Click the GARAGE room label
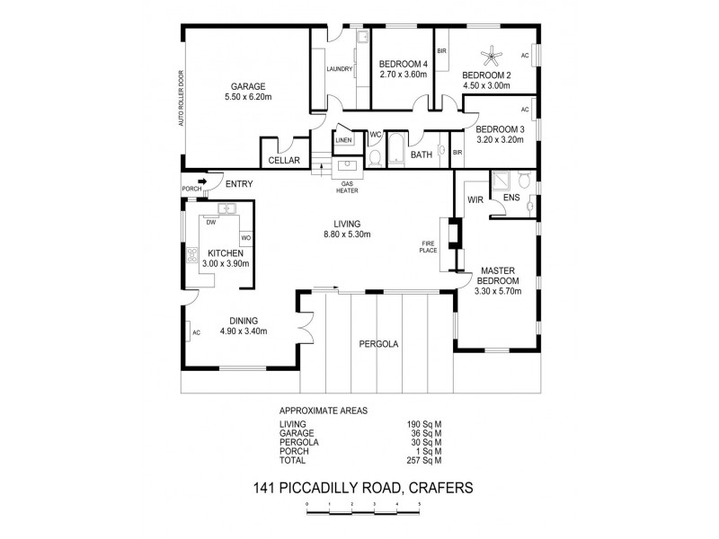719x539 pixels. coord(247,86)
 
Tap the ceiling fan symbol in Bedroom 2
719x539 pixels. coord(493,57)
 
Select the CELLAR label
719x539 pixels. coord(284,160)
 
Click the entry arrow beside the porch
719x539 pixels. coord(203,183)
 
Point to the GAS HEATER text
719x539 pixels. coord(347,186)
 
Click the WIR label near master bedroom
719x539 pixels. coord(475,200)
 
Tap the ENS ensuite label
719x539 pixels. coord(510,197)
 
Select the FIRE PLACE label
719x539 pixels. coord(429,246)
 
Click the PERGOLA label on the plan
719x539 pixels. coord(378,343)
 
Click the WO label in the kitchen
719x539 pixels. coord(244,237)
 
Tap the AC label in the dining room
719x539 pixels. coord(195,332)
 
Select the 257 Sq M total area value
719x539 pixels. coord(425,461)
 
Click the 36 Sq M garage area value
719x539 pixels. coord(425,433)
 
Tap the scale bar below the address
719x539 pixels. coord(363,508)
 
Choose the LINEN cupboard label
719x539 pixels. coord(343,140)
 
